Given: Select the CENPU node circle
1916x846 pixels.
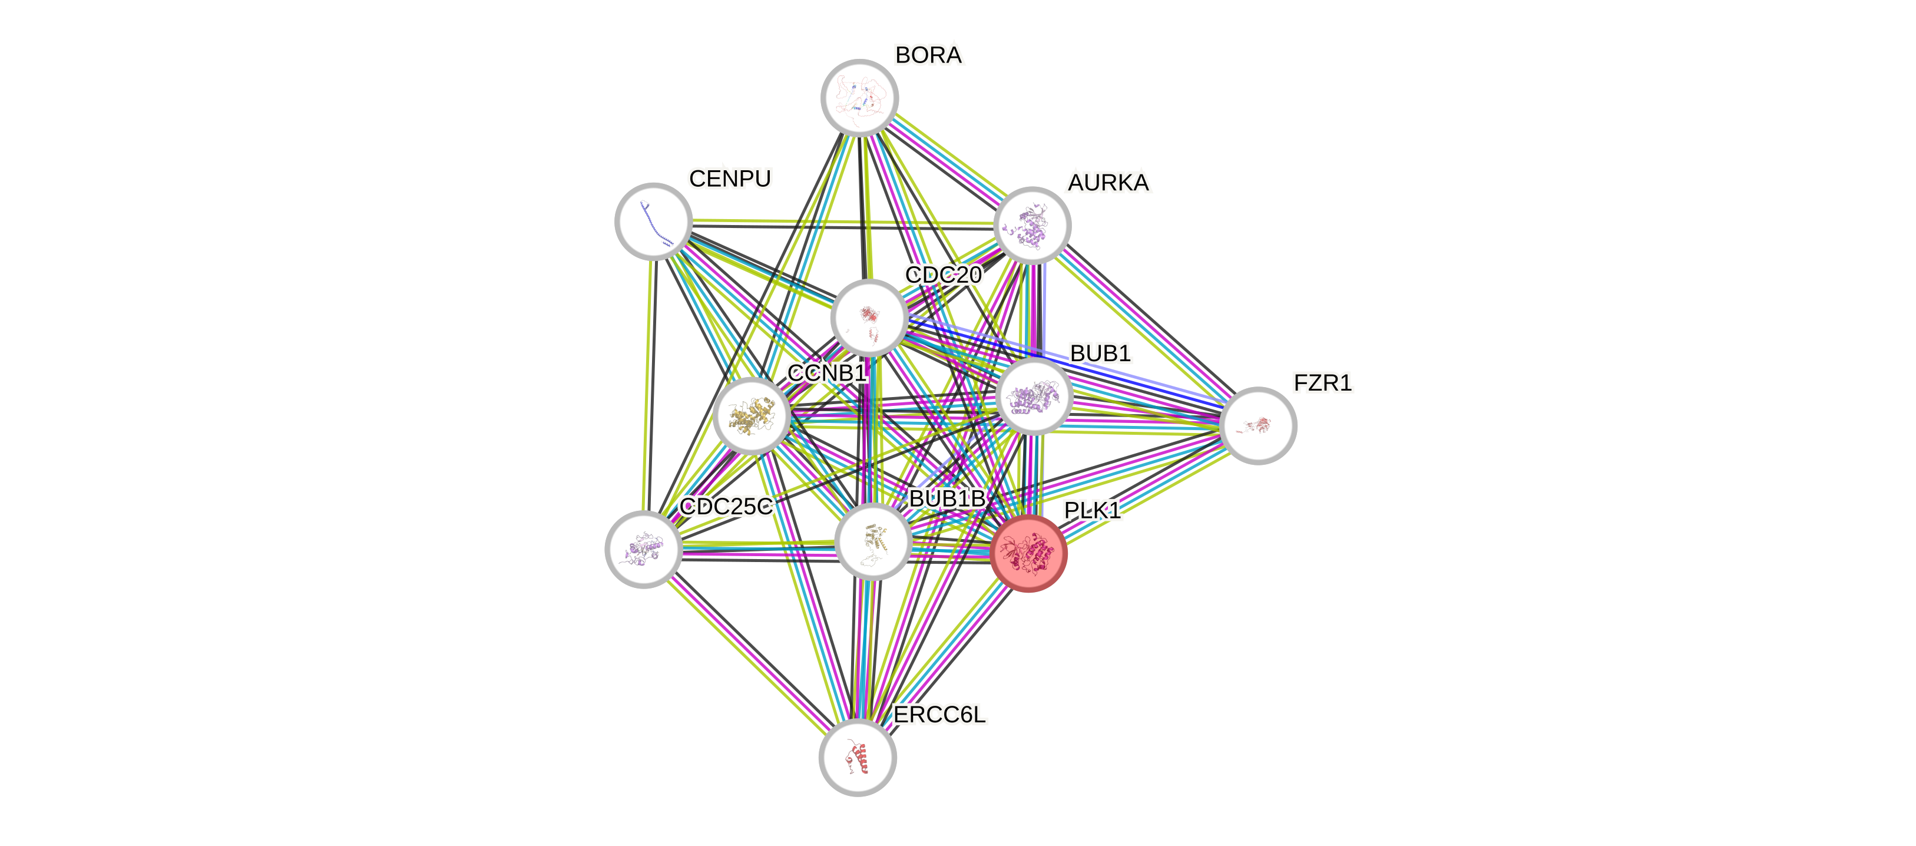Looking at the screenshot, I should (654, 221).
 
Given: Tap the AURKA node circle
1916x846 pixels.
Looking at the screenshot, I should (1033, 224).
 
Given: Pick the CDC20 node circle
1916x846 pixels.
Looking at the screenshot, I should (868, 318).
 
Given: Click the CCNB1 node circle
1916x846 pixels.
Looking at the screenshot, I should (751, 415).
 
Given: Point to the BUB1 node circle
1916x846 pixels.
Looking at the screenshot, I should (1034, 396).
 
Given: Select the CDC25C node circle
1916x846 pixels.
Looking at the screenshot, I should (643, 549).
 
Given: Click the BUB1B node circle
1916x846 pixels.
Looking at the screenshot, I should (873, 541).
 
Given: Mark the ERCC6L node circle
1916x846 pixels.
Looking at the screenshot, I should (858, 758).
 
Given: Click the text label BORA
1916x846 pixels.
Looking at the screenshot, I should (928, 55).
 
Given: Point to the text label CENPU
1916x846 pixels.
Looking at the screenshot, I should (730, 179).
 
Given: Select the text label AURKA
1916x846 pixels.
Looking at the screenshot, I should (1108, 182).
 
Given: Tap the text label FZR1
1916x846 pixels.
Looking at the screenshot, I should (1322, 383).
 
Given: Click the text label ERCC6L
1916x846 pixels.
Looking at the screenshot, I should (939, 715).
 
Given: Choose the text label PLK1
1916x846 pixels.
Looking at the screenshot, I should (1092, 510).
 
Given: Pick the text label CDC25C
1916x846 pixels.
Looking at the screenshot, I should (727, 507).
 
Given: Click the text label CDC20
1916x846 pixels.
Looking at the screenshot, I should (943, 275).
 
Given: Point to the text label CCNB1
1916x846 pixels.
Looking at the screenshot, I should (826, 373).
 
